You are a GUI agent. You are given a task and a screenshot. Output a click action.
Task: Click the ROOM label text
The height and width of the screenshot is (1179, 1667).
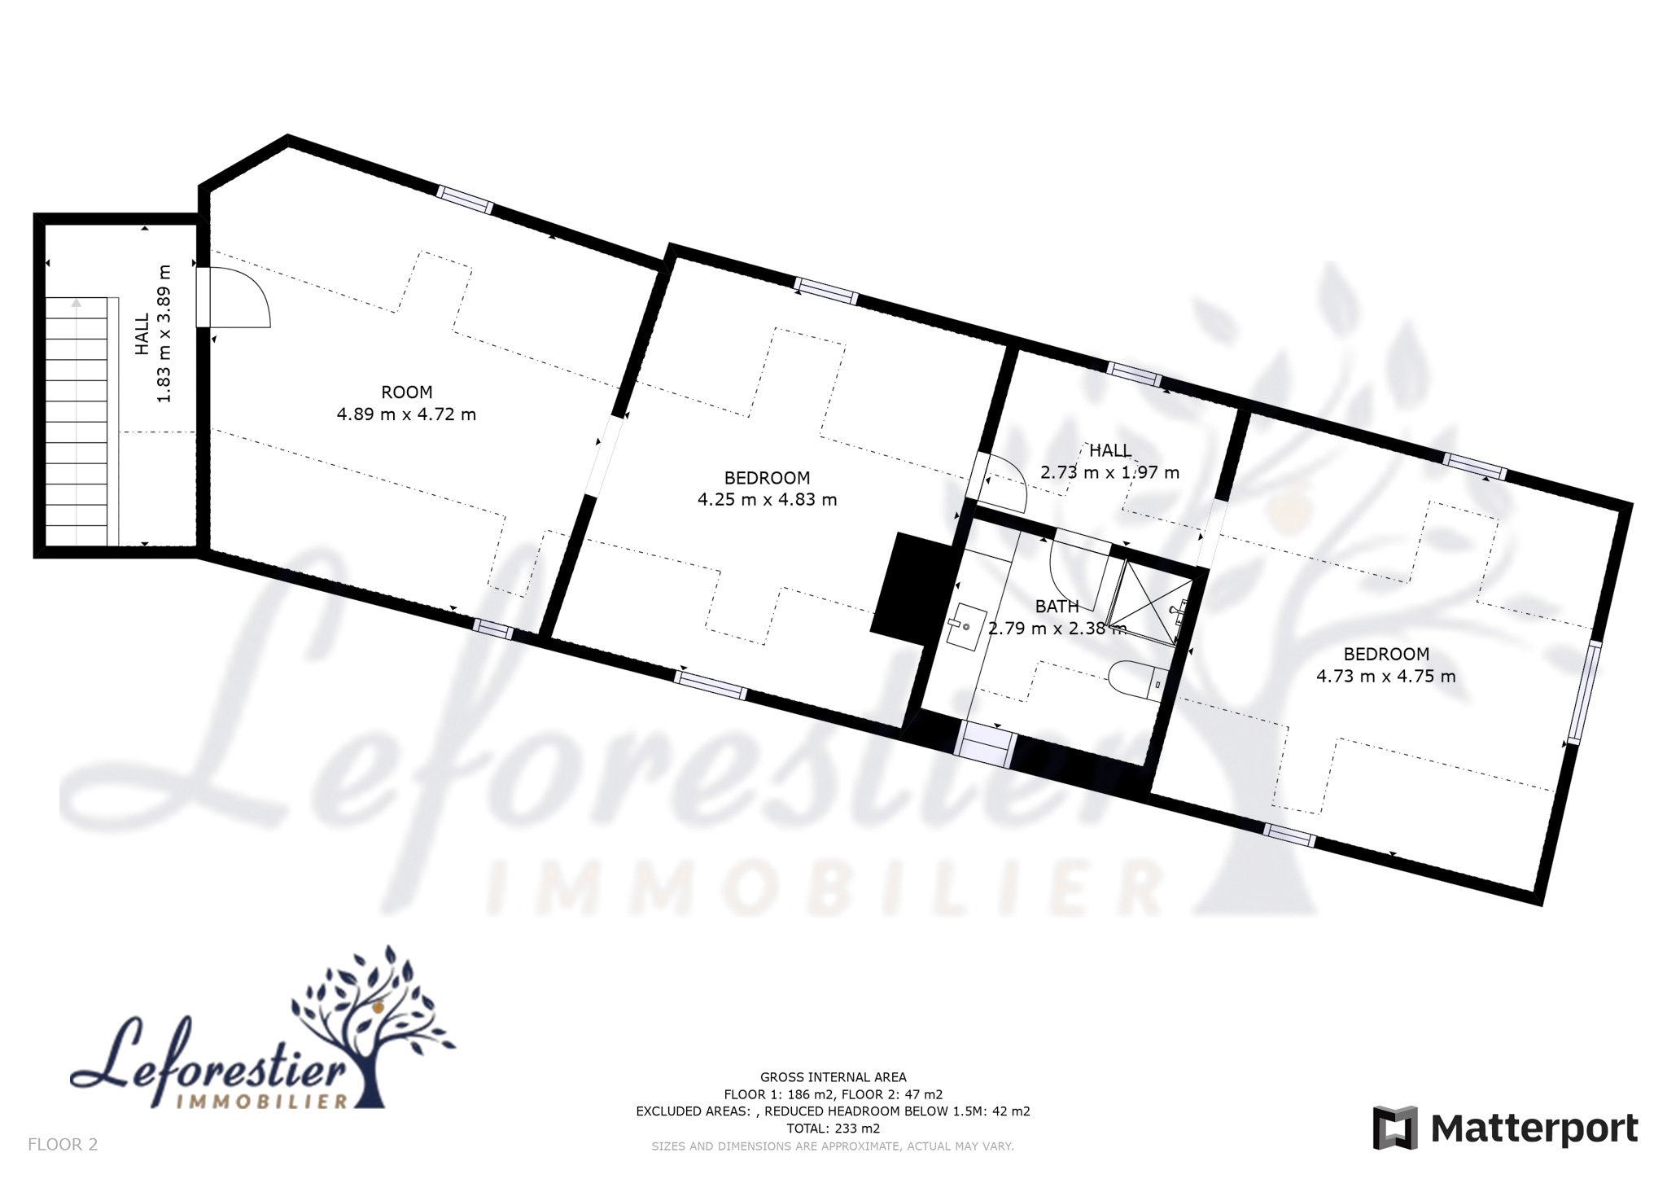click(406, 392)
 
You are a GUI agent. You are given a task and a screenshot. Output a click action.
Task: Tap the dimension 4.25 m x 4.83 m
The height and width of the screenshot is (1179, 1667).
click(767, 499)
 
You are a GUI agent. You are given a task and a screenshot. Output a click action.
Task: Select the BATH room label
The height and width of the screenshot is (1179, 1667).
click(1057, 606)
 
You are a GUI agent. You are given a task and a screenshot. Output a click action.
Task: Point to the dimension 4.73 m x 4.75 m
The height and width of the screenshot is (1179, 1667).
click(1385, 676)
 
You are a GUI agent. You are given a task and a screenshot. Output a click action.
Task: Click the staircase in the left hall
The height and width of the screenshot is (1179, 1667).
click(77, 422)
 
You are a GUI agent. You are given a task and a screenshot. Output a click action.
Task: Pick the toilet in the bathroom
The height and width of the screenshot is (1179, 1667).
click(1139, 679)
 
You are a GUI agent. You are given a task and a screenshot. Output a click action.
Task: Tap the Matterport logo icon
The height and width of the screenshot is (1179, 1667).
click(1395, 1128)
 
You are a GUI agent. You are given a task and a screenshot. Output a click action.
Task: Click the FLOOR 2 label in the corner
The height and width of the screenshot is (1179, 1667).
click(63, 1144)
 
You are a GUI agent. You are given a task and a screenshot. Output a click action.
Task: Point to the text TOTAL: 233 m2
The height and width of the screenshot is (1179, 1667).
click(833, 1129)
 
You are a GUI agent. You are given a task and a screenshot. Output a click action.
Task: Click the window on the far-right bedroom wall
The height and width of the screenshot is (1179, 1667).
click(1584, 692)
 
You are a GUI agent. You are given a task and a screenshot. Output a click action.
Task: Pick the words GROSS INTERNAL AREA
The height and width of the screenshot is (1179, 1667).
click(833, 1077)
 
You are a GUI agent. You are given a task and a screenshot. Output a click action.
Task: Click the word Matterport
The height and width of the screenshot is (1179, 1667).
click(1534, 1129)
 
